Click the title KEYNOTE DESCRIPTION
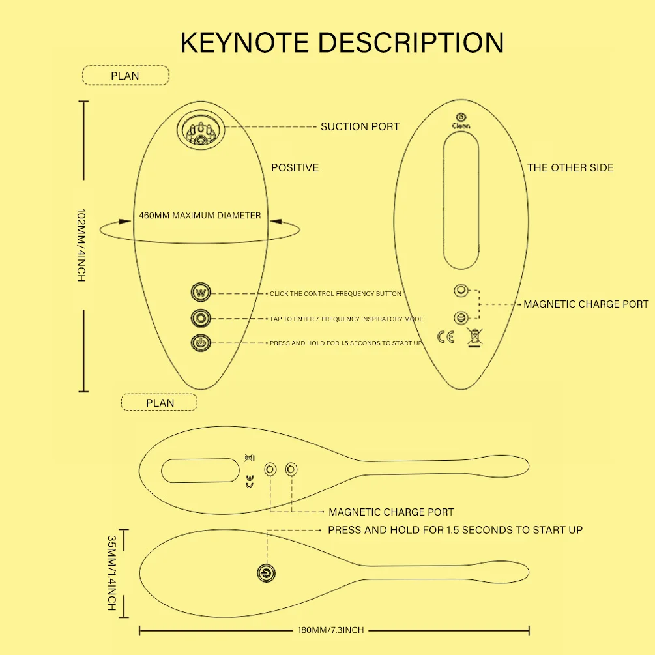pyautogui.click(x=342, y=42)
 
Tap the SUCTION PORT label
pyautogui.click(x=360, y=126)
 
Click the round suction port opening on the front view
pyautogui.click(x=201, y=129)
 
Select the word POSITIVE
pyautogui.click(x=295, y=167)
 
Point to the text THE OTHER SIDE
pyautogui.click(x=570, y=167)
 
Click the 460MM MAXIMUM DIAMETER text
pyautogui.click(x=199, y=216)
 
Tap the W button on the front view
pyautogui.click(x=201, y=293)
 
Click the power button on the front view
pyautogui.click(x=201, y=342)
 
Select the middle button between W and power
pyautogui.click(x=201, y=318)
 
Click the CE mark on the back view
pyautogui.click(x=446, y=337)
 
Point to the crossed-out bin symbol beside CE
pyautogui.click(x=474, y=337)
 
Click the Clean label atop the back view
pyautogui.click(x=461, y=126)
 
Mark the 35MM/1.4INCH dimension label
pyautogui.click(x=111, y=573)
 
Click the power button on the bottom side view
pyautogui.click(x=266, y=573)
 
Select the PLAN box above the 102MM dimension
pyautogui.click(x=125, y=76)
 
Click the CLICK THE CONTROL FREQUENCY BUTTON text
pyautogui.click(x=336, y=294)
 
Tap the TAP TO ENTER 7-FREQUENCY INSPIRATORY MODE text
pyautogui.click(x=346, y=319)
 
